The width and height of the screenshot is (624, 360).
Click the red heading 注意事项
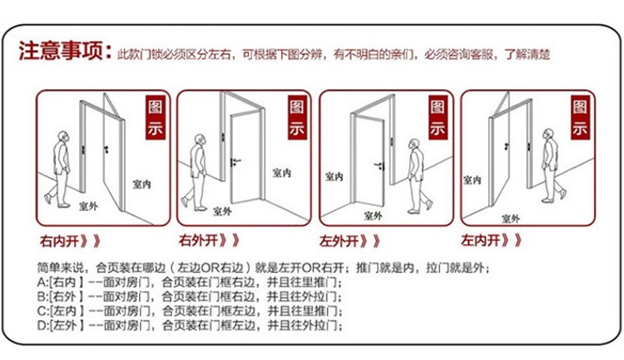tap(62, 51)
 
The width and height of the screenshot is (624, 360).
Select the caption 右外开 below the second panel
tap(198, 239)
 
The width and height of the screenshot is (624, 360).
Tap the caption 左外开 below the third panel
tap(339, 240)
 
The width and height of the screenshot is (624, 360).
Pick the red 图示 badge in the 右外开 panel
tap(297, 118)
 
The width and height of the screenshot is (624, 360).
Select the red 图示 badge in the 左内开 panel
tap(580, 118)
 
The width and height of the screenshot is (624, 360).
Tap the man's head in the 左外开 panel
tap(412, 145)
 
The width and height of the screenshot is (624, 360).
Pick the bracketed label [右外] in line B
tap(67, 297)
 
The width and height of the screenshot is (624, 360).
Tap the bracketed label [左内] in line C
tap(67, 311)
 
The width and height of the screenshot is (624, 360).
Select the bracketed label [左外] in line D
tap(67, 325)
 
